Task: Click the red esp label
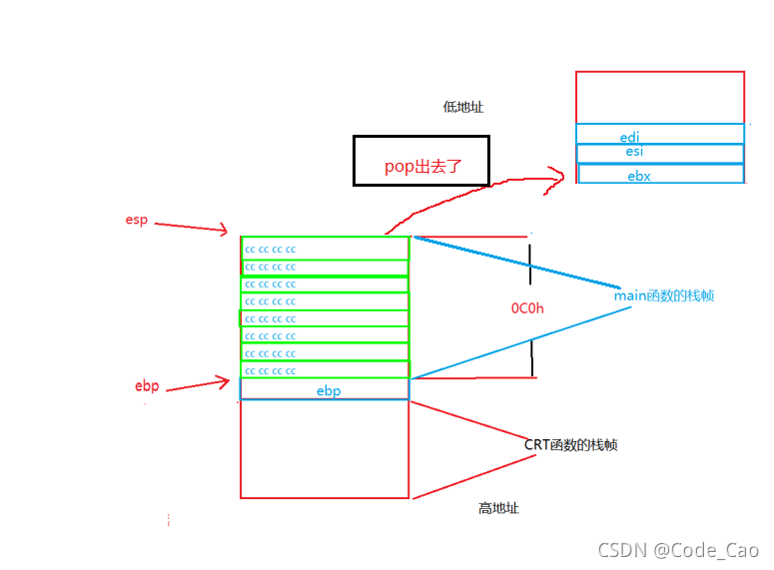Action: point(136,220)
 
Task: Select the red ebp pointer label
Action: point(147,385)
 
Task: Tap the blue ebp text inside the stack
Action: point(329,391)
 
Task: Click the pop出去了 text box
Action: point(421,161)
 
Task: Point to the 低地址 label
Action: point(463,107)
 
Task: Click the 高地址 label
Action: point(498,508)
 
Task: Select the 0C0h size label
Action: point(527,308)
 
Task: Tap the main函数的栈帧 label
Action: point(664,295)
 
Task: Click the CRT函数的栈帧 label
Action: point(570,444)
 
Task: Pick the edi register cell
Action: point(660,134)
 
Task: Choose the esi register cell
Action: point(660,153)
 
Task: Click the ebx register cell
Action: point(661,174)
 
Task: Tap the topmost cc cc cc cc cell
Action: point(326,249)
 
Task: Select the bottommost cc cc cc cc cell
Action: point(325,370)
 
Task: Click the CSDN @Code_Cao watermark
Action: point(678,550)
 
